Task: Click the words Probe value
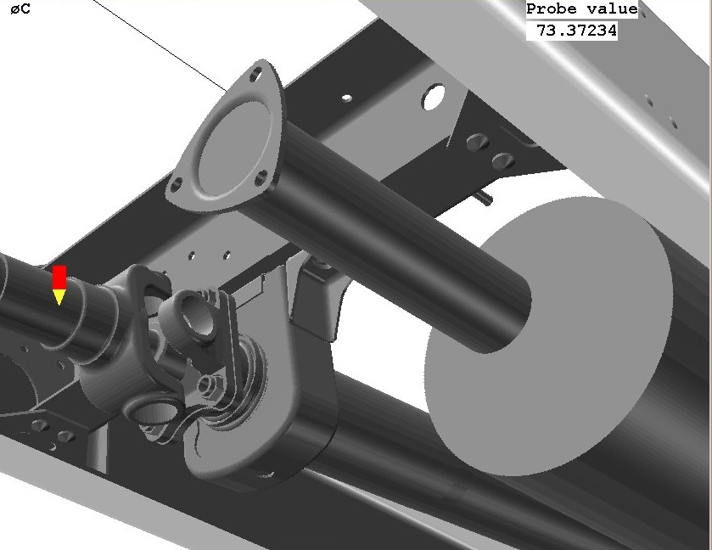tap(581, 9)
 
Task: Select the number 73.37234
tap(576, 31)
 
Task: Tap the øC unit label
tap(20, 9)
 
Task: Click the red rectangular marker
tap(59, 277)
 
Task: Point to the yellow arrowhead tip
tap(59, 306)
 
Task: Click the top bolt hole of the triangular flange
tap(256, 75)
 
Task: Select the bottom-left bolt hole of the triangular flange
tap(176, 184)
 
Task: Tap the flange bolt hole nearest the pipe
tap(261, 178)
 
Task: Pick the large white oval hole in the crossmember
tap(433, 96)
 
